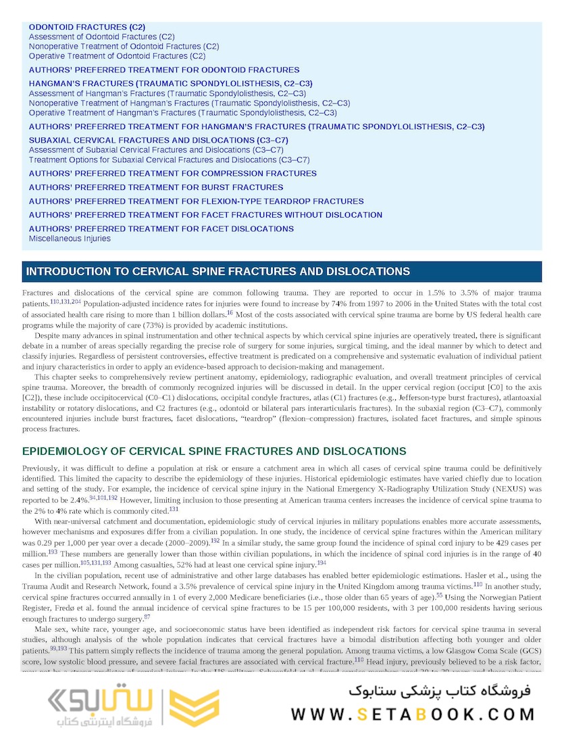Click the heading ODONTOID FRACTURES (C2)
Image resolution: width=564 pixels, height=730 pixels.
tap(86, 27)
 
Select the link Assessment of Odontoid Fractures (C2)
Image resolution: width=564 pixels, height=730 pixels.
tap(101, 36)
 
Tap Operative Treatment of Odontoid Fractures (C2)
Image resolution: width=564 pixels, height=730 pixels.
tap(117, 56)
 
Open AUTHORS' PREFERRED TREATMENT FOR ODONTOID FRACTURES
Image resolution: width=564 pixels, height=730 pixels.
tap(164, 70)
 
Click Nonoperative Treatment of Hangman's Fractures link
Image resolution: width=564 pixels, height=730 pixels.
tap(189, 103)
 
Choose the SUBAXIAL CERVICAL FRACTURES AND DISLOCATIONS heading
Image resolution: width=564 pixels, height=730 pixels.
tap(158, 141)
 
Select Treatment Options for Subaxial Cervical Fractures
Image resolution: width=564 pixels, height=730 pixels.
tap(169, 160)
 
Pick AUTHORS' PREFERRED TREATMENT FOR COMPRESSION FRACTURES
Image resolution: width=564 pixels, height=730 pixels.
tap(172, 174)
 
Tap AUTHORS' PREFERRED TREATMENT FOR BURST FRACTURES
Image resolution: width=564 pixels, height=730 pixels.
tap(156, 187)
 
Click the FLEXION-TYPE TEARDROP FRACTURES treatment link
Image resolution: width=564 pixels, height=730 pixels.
tap(196, 201)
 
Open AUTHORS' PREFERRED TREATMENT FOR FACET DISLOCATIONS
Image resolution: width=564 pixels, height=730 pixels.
tap(161, 229)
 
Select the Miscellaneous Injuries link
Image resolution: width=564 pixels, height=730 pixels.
tap(70, 239)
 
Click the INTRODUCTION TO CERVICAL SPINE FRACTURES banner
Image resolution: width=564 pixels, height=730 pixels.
tap(217, 272)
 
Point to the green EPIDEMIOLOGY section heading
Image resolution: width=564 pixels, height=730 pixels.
tap(214, 452)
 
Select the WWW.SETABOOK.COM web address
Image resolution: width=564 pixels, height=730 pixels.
tap(413, 714)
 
